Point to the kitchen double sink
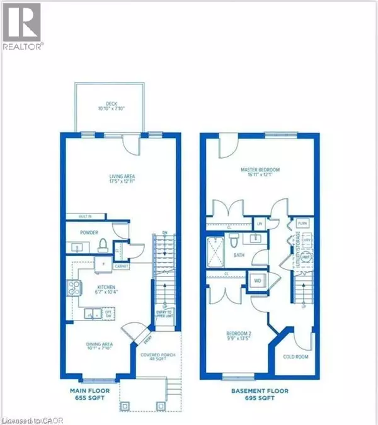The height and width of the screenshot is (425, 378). (94, 313)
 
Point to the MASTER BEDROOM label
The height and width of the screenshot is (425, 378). (261, 173)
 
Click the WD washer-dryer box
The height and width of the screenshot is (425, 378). (258, 280)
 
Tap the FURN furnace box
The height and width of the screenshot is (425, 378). (302, 224)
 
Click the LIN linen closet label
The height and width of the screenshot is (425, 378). (259, 223)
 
